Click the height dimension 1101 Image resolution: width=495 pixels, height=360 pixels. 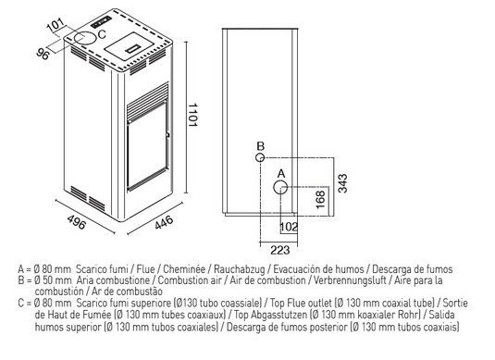pyautogui.click(x=192, y=115)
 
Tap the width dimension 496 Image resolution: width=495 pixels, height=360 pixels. pyautogui.click(x=76, y=222)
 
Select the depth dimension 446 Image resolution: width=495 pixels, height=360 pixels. pyautogui.click(x=164, y=222)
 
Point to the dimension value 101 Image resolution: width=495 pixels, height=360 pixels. pyautogui.click(x=56, y=26)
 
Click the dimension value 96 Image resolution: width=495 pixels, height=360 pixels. pyautogui.click(x=43, y=54)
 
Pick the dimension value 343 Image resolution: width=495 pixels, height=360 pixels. pyautogui.click(x=342, y=183)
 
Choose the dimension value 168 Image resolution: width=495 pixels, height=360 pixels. pyautogui.click(x=320, y=200)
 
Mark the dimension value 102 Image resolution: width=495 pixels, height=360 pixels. pyautogui.click(x=289, y=227)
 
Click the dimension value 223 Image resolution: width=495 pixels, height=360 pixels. pyautogui.click(x=280, y=250)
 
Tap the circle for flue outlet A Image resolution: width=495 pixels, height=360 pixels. pyautogui.click(x=280, y=188)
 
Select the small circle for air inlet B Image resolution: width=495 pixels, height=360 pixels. pyautogui.click(x=260, y=157)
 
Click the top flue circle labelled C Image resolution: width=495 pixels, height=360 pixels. pyautogui.click(x=84, y=38)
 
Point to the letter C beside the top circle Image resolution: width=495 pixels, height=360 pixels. pyautogui.click(x=102, y=34)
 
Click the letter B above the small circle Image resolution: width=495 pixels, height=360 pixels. pyautogui.click(x=260, y=146)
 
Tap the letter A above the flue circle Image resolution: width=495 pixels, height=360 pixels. pyautogui.click(x=281, y=174)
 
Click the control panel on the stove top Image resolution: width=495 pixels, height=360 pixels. pyautogui.click(x=101, y=22)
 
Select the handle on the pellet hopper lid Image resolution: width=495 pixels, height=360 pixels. pyautogui.click(x=132, y=48)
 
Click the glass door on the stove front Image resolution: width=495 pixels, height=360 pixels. pyautogui.click(x=147, y=146)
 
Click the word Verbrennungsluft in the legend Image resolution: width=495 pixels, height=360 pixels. pyautogui.click(x=350, y=280)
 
